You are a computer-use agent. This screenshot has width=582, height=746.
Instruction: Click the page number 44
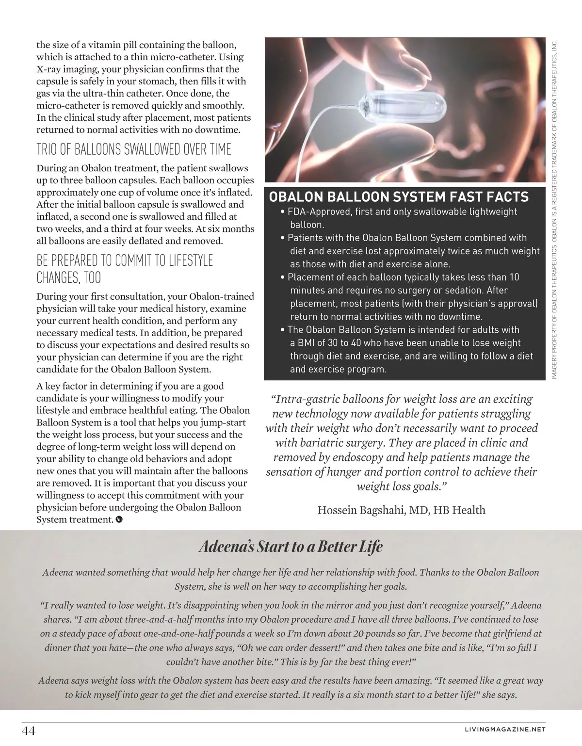point(28,730)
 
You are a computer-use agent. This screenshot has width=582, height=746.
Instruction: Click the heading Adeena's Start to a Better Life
point(291,547)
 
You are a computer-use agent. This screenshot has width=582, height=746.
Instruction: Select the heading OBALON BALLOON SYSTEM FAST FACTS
point(399,196)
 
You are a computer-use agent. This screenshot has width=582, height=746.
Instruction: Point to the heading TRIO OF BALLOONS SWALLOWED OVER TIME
point(134,149)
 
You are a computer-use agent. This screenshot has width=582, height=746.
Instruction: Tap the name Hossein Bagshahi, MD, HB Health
point(401,510)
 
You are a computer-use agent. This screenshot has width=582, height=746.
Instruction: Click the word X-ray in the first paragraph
point(51,69)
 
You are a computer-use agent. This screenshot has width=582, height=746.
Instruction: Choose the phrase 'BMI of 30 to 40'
point(333,342)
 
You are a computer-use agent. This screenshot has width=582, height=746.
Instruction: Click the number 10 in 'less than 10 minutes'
point(514,277)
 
